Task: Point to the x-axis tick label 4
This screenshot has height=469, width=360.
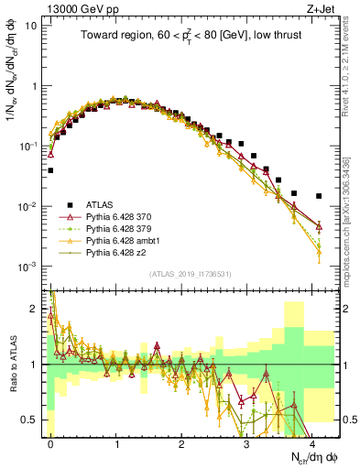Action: tap(312, 442)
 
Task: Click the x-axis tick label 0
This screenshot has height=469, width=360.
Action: tap(50, 442)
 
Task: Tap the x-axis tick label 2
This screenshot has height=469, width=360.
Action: tap(181, 442)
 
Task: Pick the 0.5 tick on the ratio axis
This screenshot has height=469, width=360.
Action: tap(33, 420)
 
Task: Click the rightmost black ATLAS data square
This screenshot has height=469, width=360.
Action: tap(319, 196)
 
